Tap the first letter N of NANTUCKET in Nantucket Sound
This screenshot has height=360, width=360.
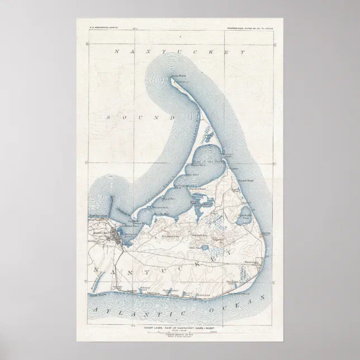[117, 52]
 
